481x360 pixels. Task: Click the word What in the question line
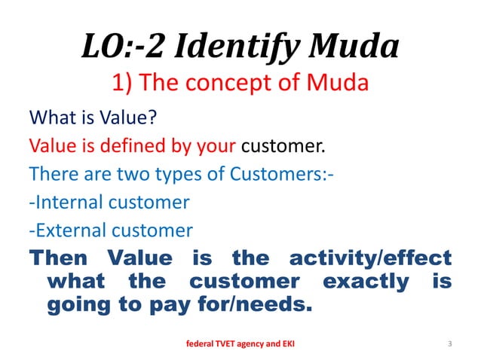pos(50,118)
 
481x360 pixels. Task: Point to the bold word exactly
pos(365,282)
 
